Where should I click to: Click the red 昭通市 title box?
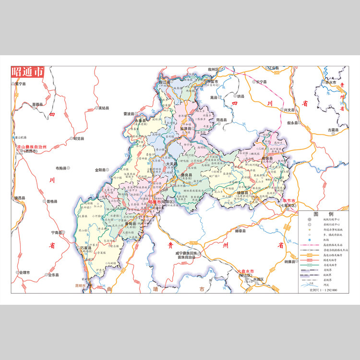click(x=27, y=72)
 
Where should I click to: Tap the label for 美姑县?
click(x=103, y=108)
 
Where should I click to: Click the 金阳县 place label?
click(x=103, y=169)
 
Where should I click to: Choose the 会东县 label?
click(x=53, y=275)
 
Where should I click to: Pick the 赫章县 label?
click(x=240, y=231)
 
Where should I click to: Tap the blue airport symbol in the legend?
click(x=310, y=240)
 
